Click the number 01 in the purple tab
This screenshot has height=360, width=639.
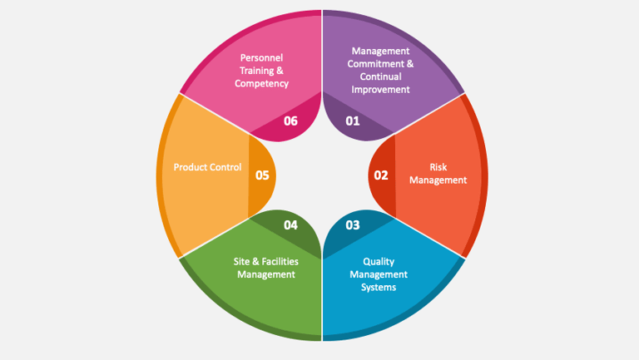(x=353, y=121)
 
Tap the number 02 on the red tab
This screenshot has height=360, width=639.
(x=381, y=175)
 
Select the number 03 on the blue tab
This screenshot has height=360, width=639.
(x=353, y=225)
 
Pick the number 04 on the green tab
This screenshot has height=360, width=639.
(x=290, y=225)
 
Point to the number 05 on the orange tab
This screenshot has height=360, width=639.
(x=262, y=175)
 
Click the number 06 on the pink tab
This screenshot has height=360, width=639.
(x=290, y=121)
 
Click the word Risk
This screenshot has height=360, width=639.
(x=438, y=167)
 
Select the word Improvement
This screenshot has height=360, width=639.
(x=381, y=89)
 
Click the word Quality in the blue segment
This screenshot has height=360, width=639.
(x=379, y=261)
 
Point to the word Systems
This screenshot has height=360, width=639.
(x=379, y=288)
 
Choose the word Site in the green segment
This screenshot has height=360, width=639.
(x=242, y=261)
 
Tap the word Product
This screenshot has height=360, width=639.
(x=191, y=167)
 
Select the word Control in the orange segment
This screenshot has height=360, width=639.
(x=226, y=167)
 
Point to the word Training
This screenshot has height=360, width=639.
(x=258, y=71)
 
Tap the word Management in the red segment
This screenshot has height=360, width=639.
(x=438, y=180)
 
